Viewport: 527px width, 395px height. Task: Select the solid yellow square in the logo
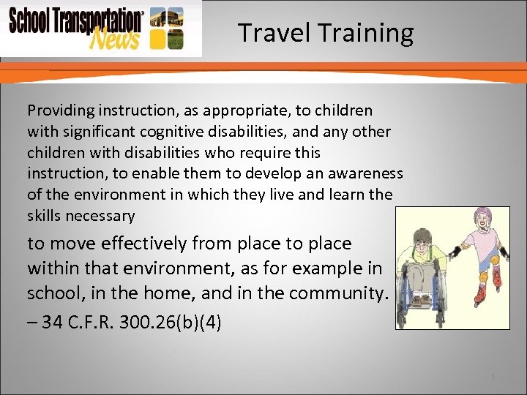point(156,39)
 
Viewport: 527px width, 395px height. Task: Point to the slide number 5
point(493,377)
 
